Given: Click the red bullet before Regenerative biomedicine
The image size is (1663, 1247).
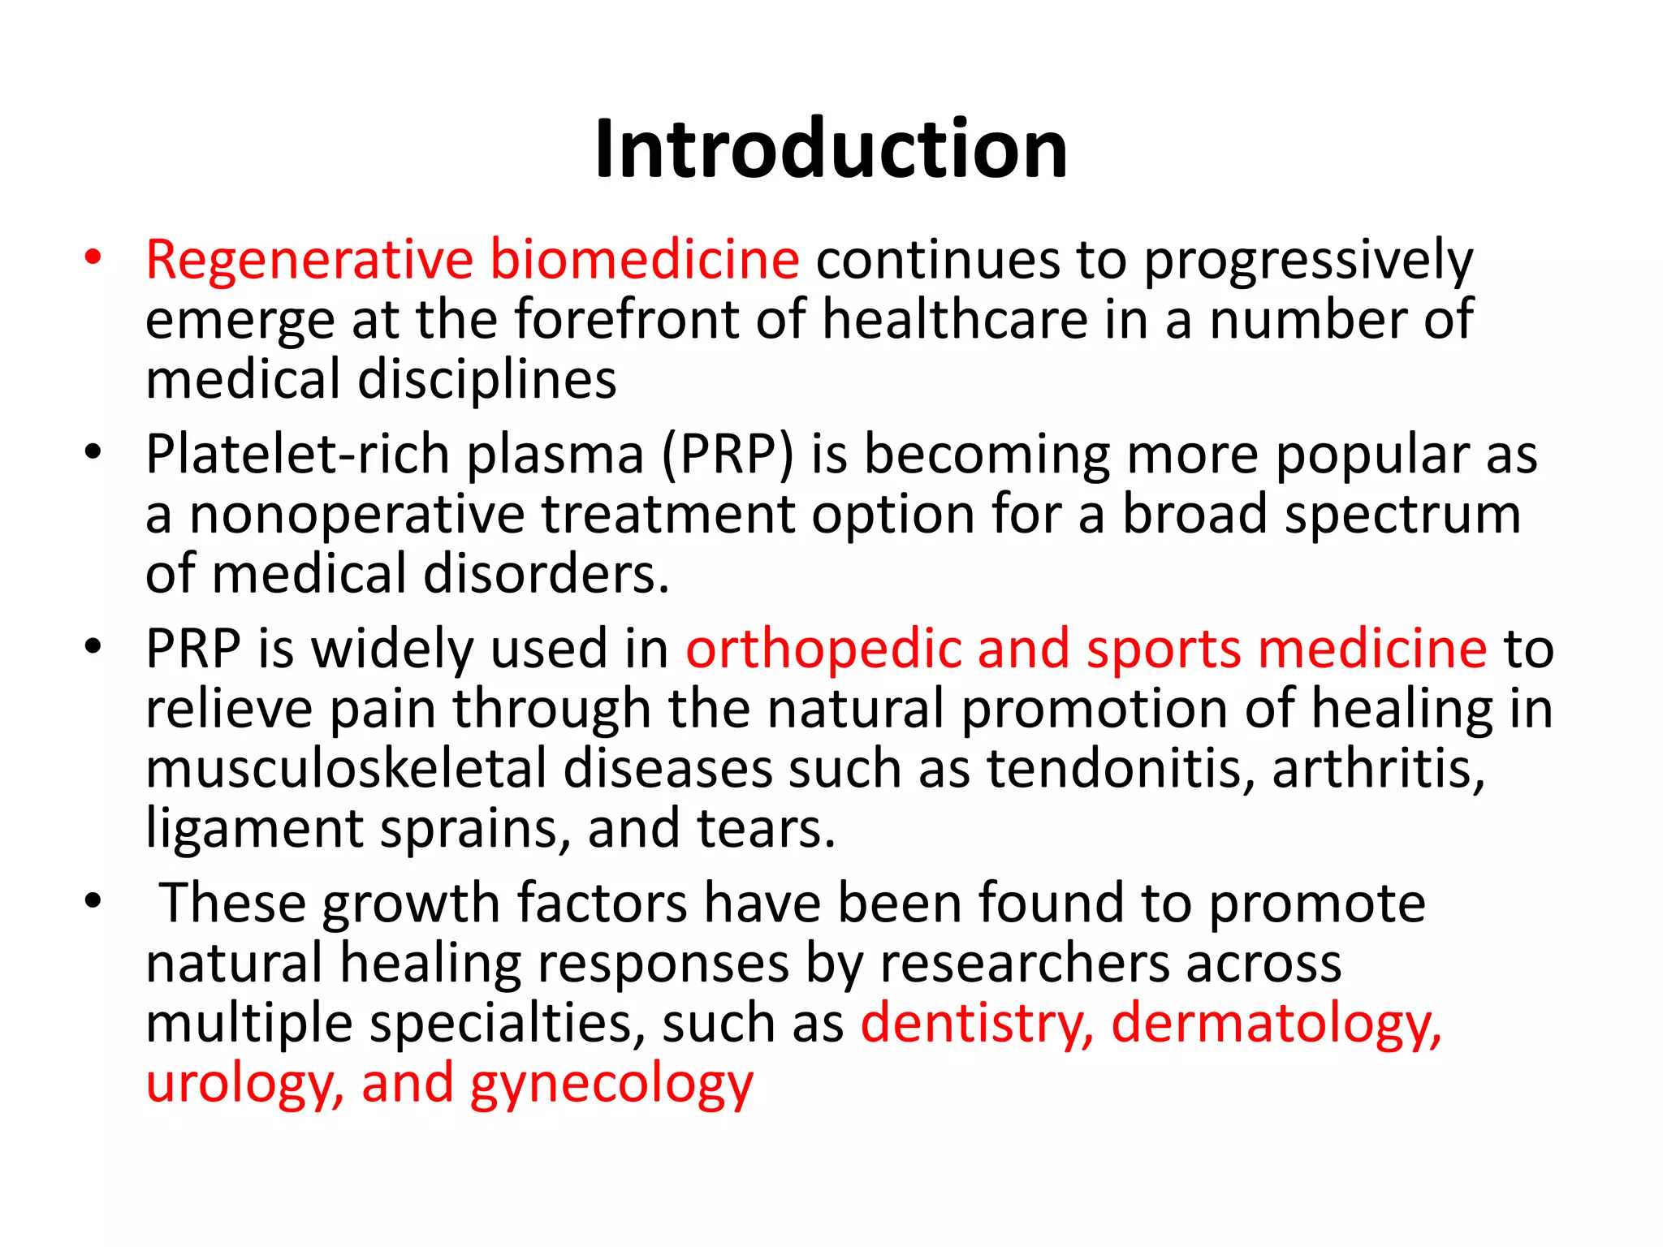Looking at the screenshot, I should click(x=93, y=257).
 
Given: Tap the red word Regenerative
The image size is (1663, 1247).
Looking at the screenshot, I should click(x=309, y=261).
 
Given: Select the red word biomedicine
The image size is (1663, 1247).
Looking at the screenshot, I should click(x=645, y=261).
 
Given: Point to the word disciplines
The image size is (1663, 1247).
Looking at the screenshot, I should click(x=487, y=380).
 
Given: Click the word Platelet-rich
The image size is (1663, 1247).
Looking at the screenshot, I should click(x=297, y=455).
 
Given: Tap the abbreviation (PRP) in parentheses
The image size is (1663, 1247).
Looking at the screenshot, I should click(x=728, y=455).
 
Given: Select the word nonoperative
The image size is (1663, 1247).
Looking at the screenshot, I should click(x=357, y=515).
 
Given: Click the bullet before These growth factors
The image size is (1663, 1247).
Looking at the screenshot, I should click(x=93, y=901).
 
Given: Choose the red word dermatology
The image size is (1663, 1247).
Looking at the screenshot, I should click(x=1276, y=1024).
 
